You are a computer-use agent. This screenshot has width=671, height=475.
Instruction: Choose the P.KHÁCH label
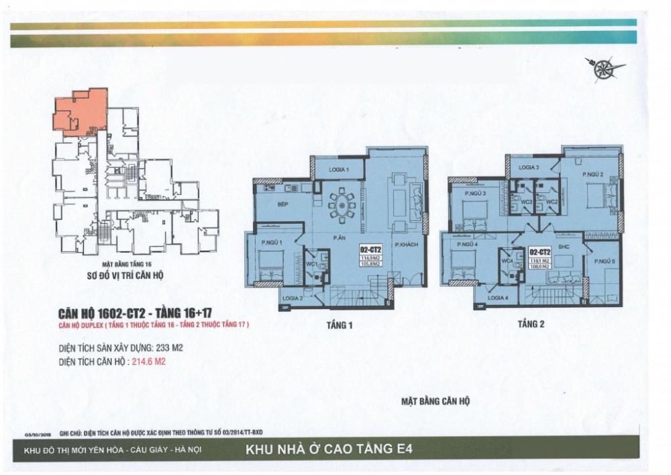pyautogui.click(x=407, y=245)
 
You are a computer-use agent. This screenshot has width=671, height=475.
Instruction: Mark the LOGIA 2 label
pyautogui.click(x=293, y=298)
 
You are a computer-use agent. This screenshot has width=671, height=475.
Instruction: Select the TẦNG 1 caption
pyautogui.click(x=340, y=326)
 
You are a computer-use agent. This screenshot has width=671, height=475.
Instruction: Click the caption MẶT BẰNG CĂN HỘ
pyautogui.click(x=435, y=400)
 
